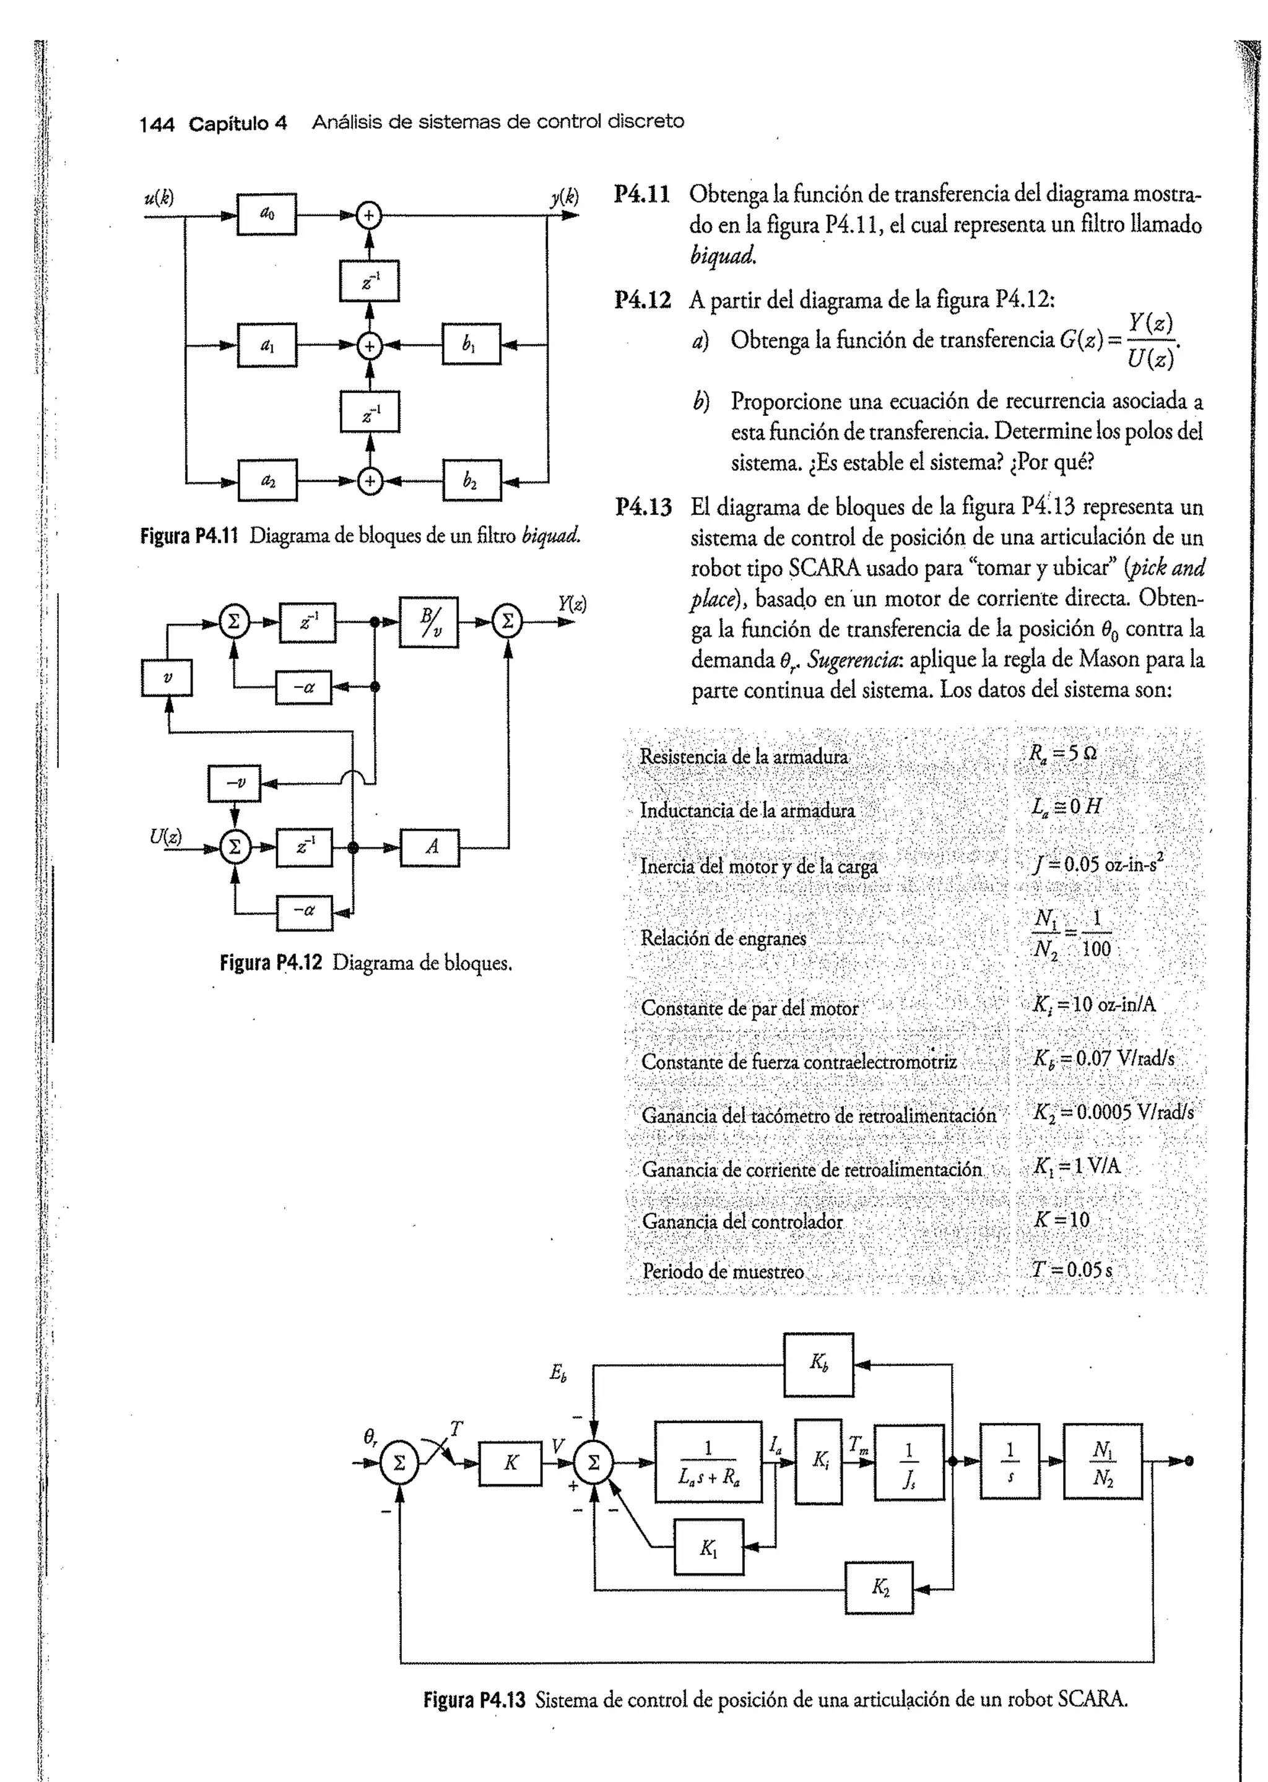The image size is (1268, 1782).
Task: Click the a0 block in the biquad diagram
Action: pyautogui.click(x=266, y=214)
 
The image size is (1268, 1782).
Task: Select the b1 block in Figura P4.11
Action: pyautogui.click(x=471, y=344)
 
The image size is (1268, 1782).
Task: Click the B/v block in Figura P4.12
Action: pyautogui.click(x=428, y=622)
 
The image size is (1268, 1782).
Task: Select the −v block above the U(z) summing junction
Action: pyautogui.click(x=233, y=783)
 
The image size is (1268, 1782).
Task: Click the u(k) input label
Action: pyautogui.click(x=158, y=197)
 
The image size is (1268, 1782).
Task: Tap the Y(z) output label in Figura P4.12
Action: pyautogui.click(x=571, y=603)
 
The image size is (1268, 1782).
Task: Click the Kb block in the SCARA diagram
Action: pyautogui.click(x=819, y=1364)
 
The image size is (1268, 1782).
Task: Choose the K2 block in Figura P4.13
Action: pyautogui.click(x=879, y=1588)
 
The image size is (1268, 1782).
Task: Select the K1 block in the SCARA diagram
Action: pyautogui.click(x=708, y=1546)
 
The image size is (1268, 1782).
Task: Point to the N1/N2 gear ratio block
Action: pyautogui.click(x=1103, y=1461)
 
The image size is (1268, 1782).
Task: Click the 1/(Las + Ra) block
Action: pyautogui.click(x=708, y=1461)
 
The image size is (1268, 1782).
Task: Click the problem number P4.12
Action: pyautogui.click(x=643, y=301)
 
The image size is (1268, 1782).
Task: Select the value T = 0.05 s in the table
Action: pyautogui.click(x=1072, y=1270)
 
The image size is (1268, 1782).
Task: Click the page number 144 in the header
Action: pyautogui.click(x=156, y=124)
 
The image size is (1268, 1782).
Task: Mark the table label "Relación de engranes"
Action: pyautogui.click(x=723, y=938)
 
